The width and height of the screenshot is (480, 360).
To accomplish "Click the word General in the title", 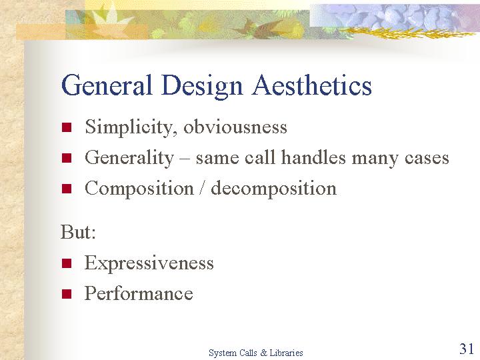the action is pos(107,85).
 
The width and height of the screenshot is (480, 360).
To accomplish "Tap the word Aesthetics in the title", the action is pos(312,85).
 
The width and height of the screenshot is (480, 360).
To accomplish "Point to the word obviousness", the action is pos(235,127).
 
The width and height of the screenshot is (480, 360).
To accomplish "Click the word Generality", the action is pos(129,158).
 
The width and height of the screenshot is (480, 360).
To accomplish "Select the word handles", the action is pos(314,157).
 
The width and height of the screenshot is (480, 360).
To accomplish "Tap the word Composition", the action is pos(139,189).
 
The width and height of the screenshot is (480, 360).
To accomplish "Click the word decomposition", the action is pos(274,189).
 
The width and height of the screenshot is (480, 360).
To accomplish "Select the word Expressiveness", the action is pos(149,263).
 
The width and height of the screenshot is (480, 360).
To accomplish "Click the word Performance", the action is pos(139,293).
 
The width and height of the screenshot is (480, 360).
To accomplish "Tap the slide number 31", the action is pos(466,349).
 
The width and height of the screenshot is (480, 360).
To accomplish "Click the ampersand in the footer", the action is pos(263,353).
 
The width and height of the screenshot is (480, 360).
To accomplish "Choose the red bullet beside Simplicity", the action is pos(67,127).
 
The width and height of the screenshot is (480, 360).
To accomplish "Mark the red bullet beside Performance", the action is pos(67,294).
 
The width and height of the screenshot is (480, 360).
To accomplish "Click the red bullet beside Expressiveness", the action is pos(67,263).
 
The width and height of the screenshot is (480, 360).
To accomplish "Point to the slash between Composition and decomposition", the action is pos(202,188).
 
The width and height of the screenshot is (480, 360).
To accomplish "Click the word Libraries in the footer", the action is pos(286,353).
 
